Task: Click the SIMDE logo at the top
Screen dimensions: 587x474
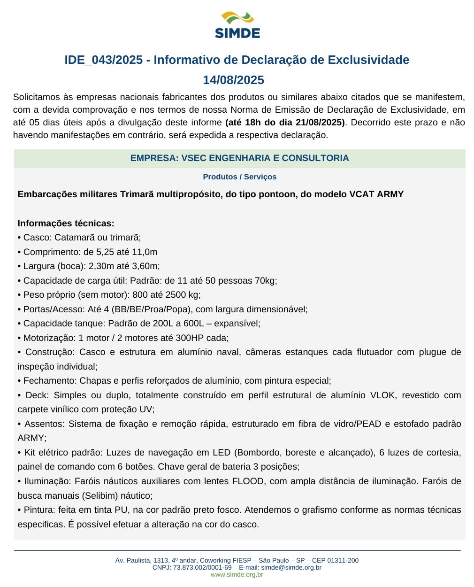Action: click(237, 25)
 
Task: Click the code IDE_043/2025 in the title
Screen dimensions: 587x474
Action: click(103, 60)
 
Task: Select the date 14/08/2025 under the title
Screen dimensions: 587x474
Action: click(233, 80)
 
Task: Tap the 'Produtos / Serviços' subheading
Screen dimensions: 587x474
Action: click(239, 177)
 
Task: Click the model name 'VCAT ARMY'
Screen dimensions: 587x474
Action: click(376, 194)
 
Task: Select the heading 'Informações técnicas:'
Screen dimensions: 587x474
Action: click(66, 224)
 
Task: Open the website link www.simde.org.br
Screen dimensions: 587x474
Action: click(237, 574)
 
